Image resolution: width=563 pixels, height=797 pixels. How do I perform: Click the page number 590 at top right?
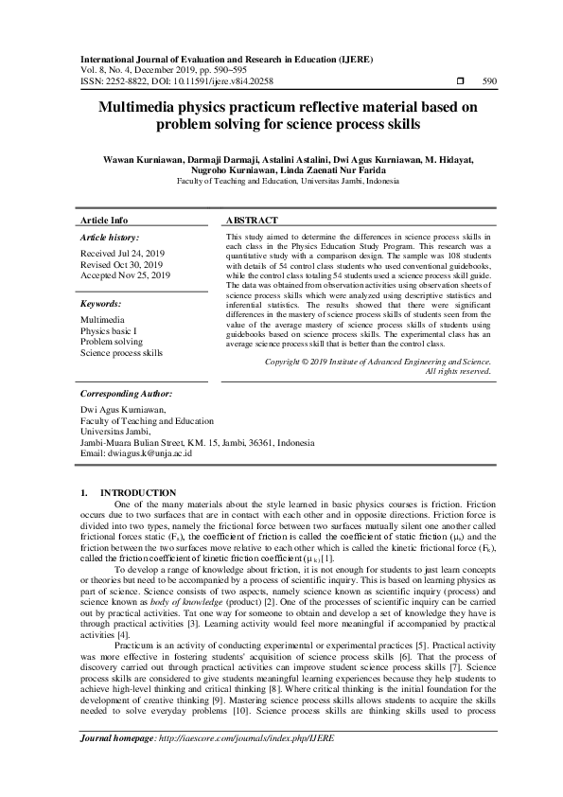coord(489,82)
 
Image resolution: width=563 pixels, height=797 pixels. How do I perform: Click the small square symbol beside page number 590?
coord(460,82)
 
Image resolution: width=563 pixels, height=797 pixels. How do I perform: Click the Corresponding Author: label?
coord(128,392)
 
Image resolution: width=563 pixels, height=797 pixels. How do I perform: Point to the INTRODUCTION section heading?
coord(138,493)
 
